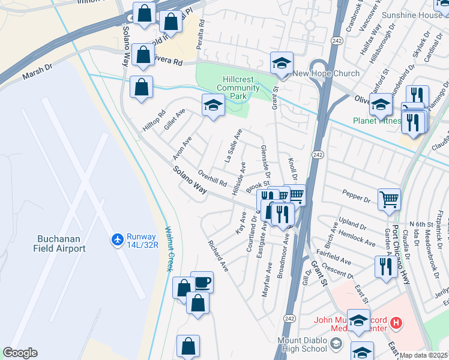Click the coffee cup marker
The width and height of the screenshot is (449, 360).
202,283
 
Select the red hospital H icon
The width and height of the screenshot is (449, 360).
395,323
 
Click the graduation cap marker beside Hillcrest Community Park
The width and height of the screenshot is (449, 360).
213,106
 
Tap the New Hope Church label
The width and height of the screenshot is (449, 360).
326,74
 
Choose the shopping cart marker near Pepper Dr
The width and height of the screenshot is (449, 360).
389,199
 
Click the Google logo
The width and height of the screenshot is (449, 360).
20,353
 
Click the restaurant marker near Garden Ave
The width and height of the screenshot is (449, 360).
384,266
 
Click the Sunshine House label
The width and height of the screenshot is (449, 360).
424,14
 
